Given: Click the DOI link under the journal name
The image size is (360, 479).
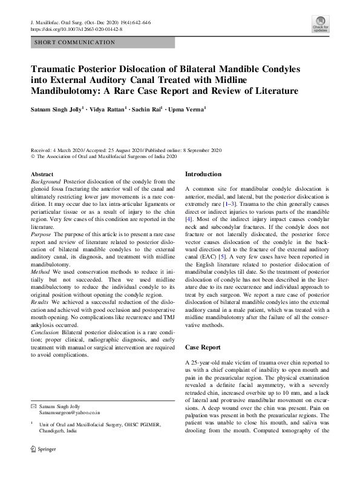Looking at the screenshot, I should click(76, 28).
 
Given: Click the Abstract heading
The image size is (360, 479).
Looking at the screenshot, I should click(42, 174).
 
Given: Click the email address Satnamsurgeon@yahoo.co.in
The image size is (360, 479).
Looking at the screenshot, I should click(70, 412).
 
